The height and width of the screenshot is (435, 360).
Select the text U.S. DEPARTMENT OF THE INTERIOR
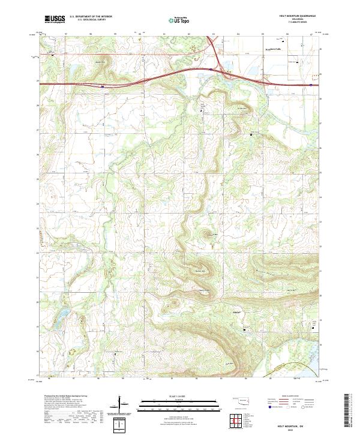(91, 16)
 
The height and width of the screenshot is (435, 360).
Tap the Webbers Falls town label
(273, 50)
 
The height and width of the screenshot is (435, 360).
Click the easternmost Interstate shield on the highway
(311, 85)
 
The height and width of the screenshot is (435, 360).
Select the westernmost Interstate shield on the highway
(103, 86)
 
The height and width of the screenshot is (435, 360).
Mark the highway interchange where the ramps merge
(219, 63)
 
